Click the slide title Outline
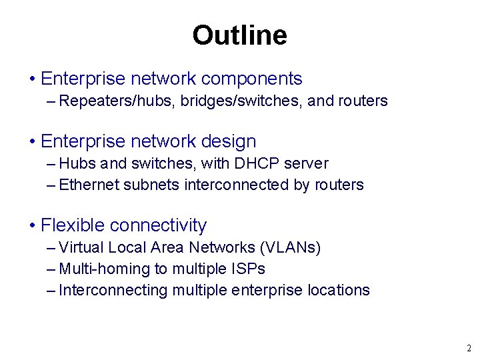pos(239,35)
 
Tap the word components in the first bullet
pos(251,79)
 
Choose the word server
pos(305,163)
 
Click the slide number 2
pos(469,348)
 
